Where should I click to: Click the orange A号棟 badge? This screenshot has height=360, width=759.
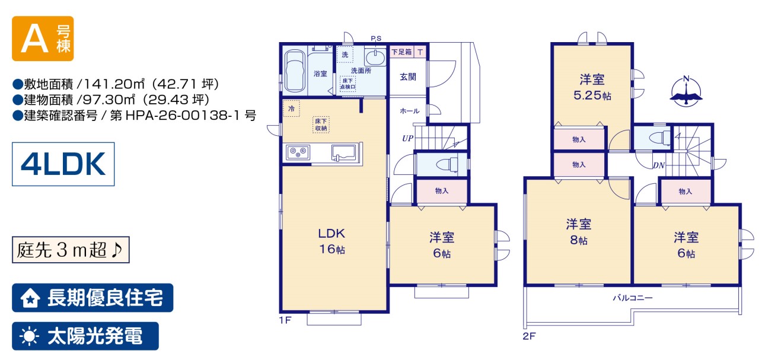[x=43, y=39]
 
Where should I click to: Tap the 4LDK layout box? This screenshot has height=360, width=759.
[x=63, y=164]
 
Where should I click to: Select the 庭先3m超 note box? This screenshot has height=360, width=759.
[x=71, y=250]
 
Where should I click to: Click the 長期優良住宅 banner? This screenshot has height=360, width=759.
[x=93, y=298]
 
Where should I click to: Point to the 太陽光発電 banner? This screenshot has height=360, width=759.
[x=85, y=336]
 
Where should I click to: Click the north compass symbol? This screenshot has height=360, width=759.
[x=686, y=92]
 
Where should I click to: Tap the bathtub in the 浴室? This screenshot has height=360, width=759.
[x=295, y=72]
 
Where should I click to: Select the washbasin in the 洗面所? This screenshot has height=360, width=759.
[x=375, y=56]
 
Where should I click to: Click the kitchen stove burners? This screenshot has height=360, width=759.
[x=298, y=152]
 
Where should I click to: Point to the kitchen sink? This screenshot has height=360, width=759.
[x=343, y=153]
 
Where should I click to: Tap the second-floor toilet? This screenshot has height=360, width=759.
[x=659, y=138]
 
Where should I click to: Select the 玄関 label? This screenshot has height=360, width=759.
[x=408, y=77]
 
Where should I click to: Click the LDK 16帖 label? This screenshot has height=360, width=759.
[x=331, y=241]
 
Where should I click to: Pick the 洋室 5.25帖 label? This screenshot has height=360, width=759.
[x=592, y=87]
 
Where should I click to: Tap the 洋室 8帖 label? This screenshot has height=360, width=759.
[x=579, y=232]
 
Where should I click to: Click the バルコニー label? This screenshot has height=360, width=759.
[x=632, y=298]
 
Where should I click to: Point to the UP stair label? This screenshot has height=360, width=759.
[x=407, y=138]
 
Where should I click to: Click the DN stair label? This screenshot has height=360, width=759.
[x=659, y=165]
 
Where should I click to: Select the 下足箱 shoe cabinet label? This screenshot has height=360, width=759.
[x=401, y=52]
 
